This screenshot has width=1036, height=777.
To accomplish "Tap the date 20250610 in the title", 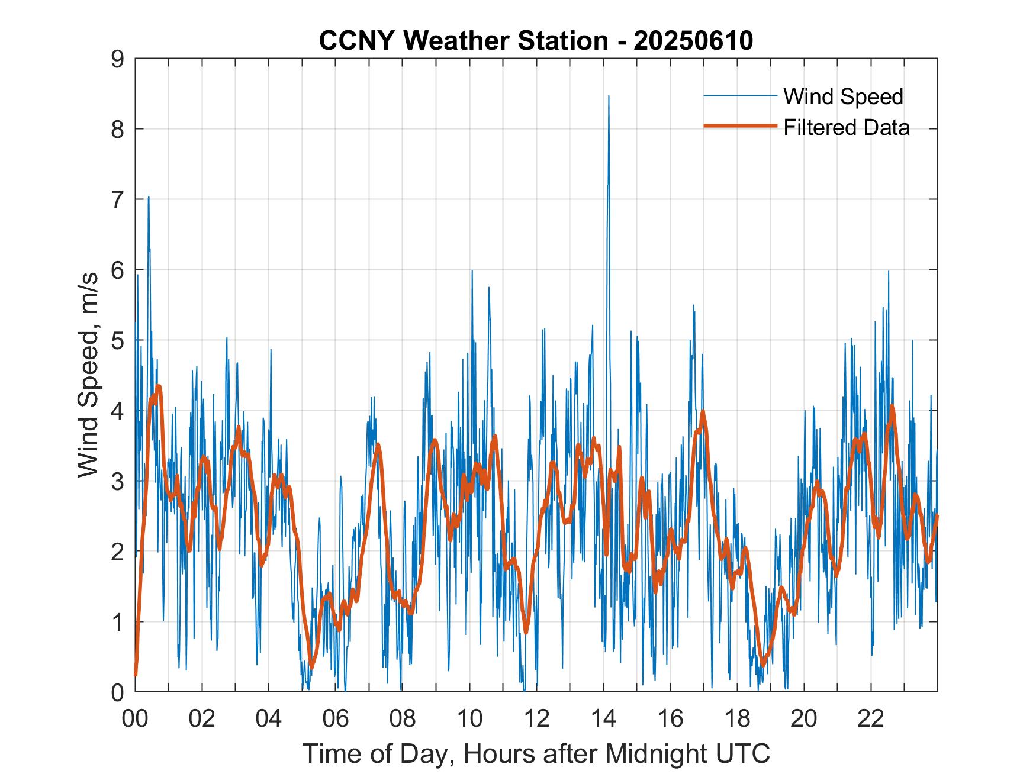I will click(x=693, y=41).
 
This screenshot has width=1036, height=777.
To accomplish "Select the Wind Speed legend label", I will click(x=843, y=96).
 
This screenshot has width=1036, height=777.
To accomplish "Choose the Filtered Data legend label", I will click(x=846, y=127).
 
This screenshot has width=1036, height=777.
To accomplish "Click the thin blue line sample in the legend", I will click(x=739, y=96).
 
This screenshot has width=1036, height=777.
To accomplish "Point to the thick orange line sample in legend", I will click(x=739, y=126).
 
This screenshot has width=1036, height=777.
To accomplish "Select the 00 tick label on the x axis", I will click(x=135, y=719).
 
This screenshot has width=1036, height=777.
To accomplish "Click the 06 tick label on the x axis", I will click(x=336, y=719).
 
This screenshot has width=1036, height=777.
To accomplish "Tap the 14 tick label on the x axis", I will click(x=603, y=719).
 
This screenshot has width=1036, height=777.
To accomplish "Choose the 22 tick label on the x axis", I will click(x=871, y=719).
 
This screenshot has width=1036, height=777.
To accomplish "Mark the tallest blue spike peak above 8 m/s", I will click(x=609, y=96).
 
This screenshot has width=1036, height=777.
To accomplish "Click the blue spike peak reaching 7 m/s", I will click(x=149, y=197).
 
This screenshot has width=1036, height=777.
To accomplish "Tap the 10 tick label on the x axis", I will click(x=469, y=719).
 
